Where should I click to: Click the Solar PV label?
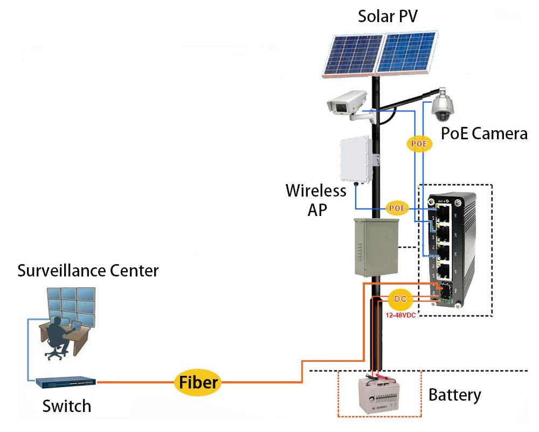tap(388, 16)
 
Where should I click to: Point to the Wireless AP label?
tap(316, 200)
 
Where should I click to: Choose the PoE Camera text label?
tap(484, 133)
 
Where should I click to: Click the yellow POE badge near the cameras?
tap(419, 144)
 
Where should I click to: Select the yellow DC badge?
tap(399, 299)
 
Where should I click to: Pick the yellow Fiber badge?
tap(198, 382)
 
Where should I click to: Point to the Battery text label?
tap(454, 395)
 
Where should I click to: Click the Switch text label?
tap(67, 406)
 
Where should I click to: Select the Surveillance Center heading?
tap(88, 270)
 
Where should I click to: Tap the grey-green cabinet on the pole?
tap(376, 247)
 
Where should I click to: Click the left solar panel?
tap(352, 53)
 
